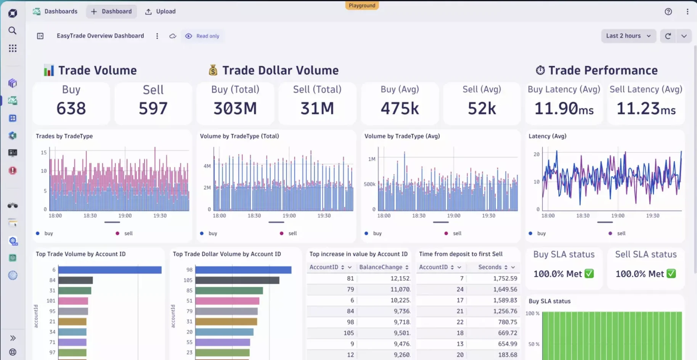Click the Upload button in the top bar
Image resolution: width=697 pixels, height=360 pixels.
point(161,11)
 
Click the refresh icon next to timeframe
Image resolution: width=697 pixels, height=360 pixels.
point(668,36)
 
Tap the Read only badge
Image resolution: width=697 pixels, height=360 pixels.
point(202,36)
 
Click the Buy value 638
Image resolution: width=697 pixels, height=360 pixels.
point(71,108)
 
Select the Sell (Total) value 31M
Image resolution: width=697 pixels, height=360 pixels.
point(317,108)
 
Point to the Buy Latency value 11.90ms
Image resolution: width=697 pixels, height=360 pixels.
point(564,109)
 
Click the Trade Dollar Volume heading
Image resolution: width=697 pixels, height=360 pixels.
point(280,70)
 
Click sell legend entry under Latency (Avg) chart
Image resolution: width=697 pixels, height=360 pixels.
point(621,233)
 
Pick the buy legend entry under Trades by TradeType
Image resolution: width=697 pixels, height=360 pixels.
point(48,233)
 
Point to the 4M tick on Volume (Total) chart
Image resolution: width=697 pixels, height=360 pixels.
point(207,166)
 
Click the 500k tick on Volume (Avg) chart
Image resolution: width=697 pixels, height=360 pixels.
point(369,184)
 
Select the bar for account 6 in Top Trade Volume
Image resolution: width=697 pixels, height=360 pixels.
point(110,270)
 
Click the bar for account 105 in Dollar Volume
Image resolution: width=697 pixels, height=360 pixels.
point(237,280)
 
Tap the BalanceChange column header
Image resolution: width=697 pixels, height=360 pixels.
point(381,267)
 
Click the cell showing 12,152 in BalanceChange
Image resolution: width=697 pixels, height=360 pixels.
point(400,278)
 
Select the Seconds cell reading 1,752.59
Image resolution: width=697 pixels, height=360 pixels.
point(505,278)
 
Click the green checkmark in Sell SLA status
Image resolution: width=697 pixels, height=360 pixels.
point(671,273)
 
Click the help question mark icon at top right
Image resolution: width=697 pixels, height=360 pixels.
point(668,11)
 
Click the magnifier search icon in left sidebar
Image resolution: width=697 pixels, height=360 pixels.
point(13,31)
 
